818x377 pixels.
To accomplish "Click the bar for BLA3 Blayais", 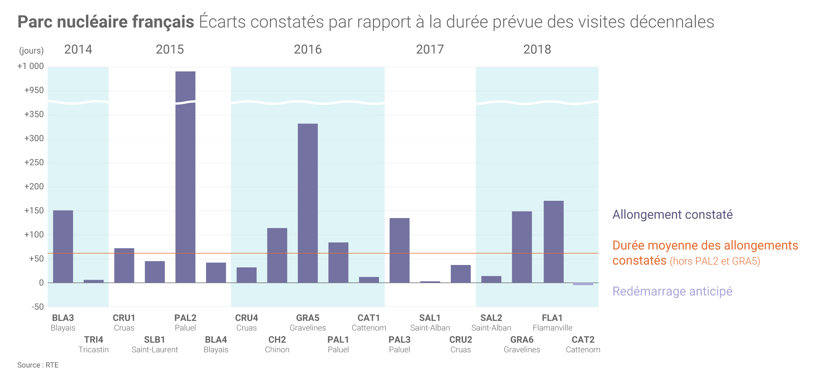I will pyautogui.click(x=63, y=246).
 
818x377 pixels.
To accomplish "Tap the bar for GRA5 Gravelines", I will pyautogui.click(x=308, y=203).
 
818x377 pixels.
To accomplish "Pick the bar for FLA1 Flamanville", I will pyautogui.click(x=553, y=242).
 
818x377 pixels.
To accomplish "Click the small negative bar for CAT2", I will pyautogui.click(x=583, y=284).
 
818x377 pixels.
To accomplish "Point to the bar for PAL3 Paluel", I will pyautogui.click(x=399, y=250).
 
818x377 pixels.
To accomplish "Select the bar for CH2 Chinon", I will pyautogui.click(x=277, y=255).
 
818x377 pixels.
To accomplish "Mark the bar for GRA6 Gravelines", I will pyautogui.click(x=522, y=247).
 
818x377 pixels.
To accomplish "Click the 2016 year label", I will pyautogui.click(x=308, y=49).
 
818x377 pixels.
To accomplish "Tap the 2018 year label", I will pyautogui.click(x=537, y=49).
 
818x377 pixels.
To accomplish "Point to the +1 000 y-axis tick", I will pyautogui.click(x=30, y=66).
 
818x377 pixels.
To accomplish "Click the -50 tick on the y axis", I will pyautogui.click(x=38, y=307).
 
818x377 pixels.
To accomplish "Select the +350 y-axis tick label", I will pyautogui.click(x=34, y=114).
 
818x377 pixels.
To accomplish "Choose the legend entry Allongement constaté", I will pyautogui.click(x=672, y=215).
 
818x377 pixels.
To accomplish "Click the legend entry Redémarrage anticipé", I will pyautogui.click(x=672, y=291).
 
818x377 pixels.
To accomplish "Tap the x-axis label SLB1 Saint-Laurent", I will pyautogui.click(x=154, y=345).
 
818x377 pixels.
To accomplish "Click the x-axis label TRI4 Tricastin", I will pyautogui.click(x=94, y=345).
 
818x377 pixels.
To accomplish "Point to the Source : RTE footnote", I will pyautogui.click(x=38, y=365).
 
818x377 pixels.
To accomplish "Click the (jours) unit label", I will pyautogui.click(x=31, y=51).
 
